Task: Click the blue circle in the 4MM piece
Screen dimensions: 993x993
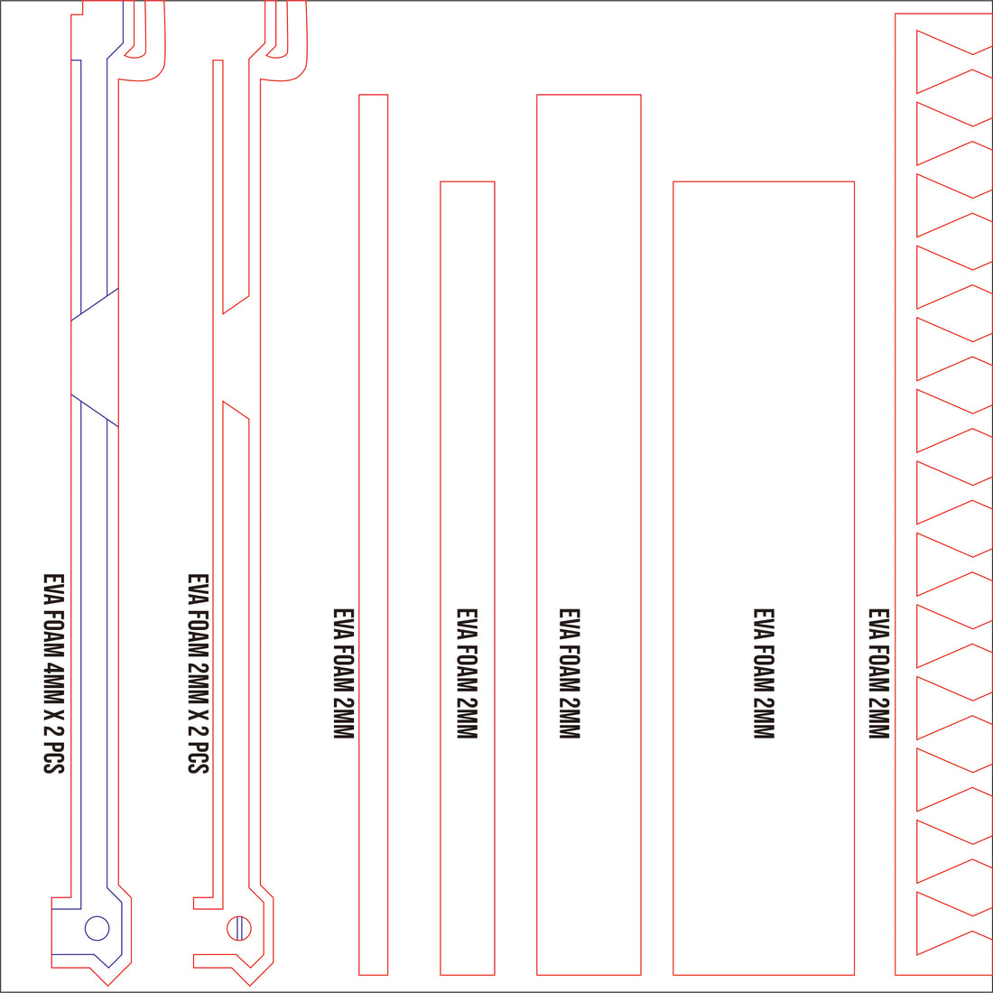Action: point(97,928)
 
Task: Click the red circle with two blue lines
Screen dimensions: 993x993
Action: point(238,928)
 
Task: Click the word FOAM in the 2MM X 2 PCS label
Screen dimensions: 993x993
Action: point(199,634)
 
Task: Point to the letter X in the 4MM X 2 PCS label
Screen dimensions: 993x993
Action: point(54,716)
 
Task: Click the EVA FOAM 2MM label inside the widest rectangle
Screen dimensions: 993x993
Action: point(764,673)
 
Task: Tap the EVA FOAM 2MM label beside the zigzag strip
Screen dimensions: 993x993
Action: point(878,673)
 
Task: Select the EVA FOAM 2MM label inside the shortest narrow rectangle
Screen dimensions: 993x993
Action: point(467,673)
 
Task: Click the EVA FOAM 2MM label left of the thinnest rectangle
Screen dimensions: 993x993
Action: point(343,673)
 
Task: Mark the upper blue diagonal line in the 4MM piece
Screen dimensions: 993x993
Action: point(95,304)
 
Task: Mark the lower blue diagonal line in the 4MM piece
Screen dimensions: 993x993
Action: point(95,411)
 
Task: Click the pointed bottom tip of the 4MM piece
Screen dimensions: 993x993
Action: point(107,986)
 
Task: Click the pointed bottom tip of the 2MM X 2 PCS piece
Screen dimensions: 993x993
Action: point(249,986)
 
